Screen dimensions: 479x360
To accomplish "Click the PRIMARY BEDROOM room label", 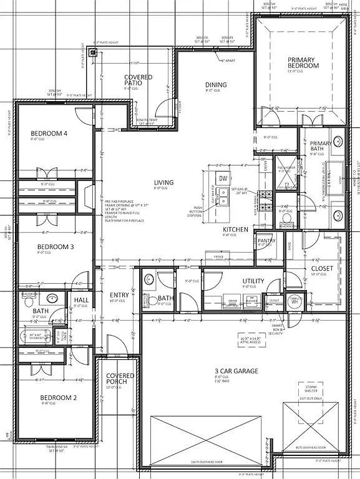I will (302, 63).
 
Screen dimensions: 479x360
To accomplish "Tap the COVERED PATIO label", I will (138, 80).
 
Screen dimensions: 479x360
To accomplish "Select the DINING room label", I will (216, 85).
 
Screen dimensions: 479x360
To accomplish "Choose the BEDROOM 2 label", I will (58, 397).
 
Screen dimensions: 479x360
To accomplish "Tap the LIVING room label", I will (163, 183).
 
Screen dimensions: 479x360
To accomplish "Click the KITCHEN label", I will (235, 230).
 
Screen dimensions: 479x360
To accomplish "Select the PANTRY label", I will (266, 241).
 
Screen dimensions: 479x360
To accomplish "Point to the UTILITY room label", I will (253, 281).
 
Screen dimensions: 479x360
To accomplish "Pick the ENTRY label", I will (119, 295).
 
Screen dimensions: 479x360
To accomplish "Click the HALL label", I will (81, 301).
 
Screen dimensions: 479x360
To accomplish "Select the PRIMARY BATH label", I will (321, 146).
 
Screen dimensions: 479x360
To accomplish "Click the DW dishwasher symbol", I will (223, 178).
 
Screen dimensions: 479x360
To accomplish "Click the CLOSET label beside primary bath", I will (322, 269).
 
